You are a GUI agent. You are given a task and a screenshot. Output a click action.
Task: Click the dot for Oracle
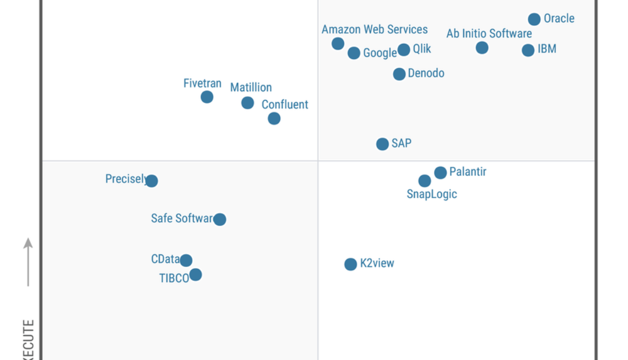[x=534, y=19]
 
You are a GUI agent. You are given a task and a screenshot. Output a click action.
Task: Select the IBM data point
[x=528, y=50]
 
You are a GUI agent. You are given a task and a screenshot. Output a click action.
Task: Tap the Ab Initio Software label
[x=489, y=34]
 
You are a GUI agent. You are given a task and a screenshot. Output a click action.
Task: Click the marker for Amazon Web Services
[x=338, y=43]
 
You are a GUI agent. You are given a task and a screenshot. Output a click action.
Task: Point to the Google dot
[x=354, y=53]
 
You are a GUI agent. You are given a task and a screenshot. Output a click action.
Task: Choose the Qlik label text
[x=422, y=49]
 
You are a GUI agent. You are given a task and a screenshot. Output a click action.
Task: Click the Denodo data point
[x=399, y=74]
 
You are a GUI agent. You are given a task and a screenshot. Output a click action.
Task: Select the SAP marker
[x=382, y=144]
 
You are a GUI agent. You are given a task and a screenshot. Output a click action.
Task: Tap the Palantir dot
[x=440, y=173]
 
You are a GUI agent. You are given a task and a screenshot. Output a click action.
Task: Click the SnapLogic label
[x=431, y=194]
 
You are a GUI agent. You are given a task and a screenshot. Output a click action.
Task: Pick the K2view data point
[x=350, y=264]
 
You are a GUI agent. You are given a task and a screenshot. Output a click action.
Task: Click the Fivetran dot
[x=207, y=97]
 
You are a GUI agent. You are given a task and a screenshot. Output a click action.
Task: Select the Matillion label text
[x=251, y=87]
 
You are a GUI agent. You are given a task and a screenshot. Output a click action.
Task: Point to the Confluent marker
[x=274, y=118]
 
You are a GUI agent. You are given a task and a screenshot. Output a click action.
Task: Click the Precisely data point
[x=152, y=181]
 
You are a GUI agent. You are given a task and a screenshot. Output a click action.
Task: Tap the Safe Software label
[x=182, y=219]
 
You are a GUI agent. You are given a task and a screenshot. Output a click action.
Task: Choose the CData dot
[x=186, y=260]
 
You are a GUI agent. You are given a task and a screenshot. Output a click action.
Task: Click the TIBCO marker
[x=195, y=274]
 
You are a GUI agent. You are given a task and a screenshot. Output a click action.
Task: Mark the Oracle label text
[x=559, y=18]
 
